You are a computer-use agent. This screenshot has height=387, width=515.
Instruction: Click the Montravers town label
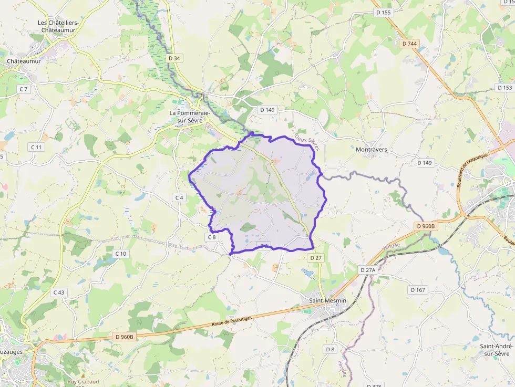coord(371,150)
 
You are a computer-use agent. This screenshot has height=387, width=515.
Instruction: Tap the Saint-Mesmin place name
coord(327,300)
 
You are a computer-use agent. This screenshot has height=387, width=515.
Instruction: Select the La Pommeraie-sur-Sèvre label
coord(190,117)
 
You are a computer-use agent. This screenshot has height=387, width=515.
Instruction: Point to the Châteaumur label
coord(24,61)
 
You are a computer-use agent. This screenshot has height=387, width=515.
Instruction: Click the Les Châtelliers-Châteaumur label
coord(58,27)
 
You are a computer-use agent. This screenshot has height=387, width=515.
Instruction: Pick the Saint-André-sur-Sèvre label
coord(497,350)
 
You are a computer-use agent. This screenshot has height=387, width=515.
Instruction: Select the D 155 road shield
coord(384,13)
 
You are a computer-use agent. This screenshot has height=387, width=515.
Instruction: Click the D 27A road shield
coord(368,269)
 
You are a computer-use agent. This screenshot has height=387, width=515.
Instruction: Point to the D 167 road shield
coord(418,290)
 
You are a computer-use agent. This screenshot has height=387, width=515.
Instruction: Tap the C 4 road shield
coord(179,197)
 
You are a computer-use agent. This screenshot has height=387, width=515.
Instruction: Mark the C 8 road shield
coord(211,237)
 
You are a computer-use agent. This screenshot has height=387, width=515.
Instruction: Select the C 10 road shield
coord(120,254)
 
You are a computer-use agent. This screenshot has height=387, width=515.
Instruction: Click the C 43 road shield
coord(58,292)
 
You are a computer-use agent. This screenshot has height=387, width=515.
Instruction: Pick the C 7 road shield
coord(24,89)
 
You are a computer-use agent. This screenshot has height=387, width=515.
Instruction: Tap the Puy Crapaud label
coord(79,382)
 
